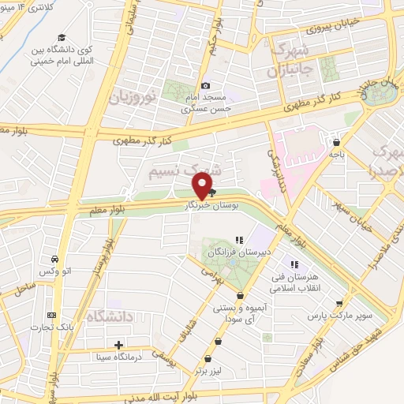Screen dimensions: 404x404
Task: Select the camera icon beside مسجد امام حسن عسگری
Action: tap(207, 85)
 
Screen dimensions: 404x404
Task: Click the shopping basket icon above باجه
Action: tap(338, 143)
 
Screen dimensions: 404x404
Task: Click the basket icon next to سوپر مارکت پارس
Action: tap(340, 303)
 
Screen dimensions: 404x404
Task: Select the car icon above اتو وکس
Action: tap(53, 260)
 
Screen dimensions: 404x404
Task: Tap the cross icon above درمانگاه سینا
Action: tap(118, 345)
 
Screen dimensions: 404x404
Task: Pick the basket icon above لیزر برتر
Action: tap(218, 342)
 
